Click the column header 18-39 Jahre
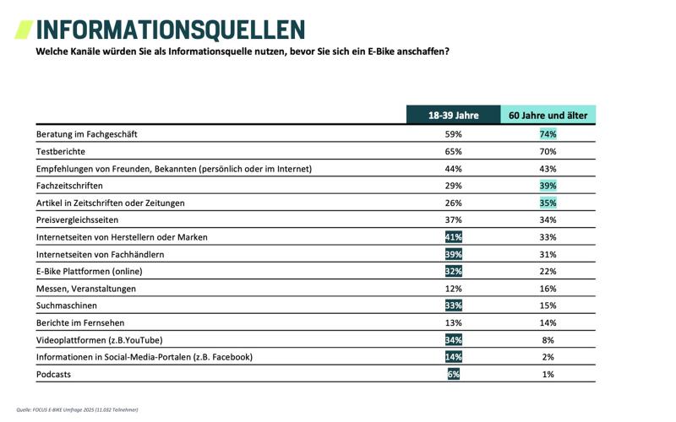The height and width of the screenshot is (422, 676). (454, 116)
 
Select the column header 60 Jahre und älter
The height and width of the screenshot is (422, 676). (548, 116)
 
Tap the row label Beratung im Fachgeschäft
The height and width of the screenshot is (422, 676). (87, 134)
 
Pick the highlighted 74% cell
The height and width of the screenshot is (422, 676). (548, 134)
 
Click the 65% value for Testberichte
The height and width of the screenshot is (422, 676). (454, 152)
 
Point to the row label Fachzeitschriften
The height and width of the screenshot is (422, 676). (70, 186)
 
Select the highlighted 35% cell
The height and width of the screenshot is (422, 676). (548, 203)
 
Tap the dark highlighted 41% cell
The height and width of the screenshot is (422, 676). (454, 237)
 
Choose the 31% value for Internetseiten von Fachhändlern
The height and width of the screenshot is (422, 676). (548, 254)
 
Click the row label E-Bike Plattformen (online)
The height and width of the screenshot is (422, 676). (90, 272)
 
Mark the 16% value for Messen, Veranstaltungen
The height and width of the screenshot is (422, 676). (548, 289)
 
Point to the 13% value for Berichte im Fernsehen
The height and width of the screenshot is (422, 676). (454, 322)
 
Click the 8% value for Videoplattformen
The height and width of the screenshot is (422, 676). (548, 340)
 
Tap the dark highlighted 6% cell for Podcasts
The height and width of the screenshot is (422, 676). (454, 374)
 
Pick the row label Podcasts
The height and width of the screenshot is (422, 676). (54, 374)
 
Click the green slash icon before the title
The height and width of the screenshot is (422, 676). (24, 30)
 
